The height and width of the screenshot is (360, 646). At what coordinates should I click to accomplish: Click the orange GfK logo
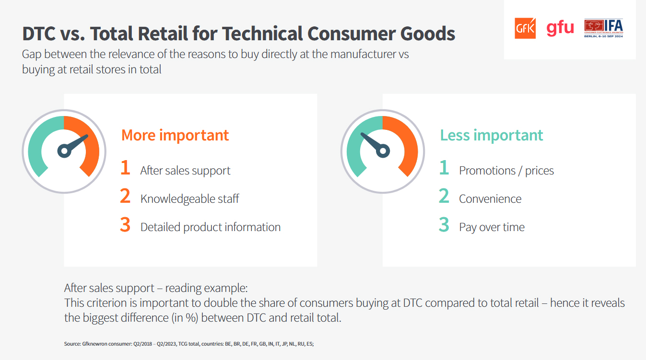(x=525, y=28)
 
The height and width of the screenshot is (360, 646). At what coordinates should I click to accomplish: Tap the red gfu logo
(x=560, y=28)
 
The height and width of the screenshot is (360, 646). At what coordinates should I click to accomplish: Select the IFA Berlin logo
(x=604, y=28)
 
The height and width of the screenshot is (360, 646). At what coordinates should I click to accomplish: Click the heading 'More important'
(x=175, y=135)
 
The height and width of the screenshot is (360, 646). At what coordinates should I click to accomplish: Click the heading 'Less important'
(x=492, y=135)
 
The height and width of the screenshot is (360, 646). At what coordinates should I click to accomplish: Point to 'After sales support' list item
(x=185, y=170)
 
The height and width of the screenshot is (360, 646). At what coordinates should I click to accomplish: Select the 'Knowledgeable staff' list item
(x=190, y=198)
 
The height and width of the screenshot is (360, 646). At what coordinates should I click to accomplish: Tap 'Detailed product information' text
(x=211, y=227)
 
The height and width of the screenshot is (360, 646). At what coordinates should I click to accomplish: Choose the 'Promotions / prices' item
(x=506, y=170)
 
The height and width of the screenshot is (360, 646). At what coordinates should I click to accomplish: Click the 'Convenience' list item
(x=490, y=198)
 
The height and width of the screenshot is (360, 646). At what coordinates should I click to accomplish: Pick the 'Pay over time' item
(x=492, y=227)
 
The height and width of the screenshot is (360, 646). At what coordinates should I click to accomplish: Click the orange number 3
(x=125, y=224)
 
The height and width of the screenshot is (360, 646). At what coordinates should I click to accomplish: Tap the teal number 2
(x=444, y=196)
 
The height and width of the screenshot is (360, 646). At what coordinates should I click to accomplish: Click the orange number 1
(x=125, y=167)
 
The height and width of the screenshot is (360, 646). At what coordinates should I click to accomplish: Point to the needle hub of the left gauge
(x=64, y=151)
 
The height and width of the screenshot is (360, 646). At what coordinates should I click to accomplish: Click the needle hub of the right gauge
(x=383, y=151)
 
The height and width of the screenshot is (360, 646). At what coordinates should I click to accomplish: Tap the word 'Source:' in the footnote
(x=72, y=344)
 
